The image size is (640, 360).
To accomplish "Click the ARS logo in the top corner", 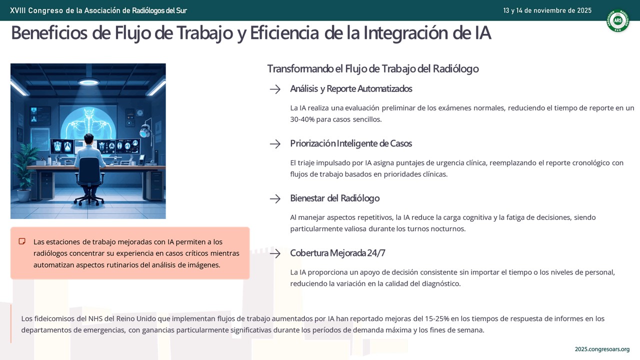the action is [x=617, y=20].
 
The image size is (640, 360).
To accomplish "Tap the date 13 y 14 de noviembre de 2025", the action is [x=547, y=10].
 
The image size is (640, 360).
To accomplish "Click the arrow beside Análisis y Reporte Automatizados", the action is [x=275, y=89].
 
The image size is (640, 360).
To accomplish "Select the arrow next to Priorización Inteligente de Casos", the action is [x=275, y=144].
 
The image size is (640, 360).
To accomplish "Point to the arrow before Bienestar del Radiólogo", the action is [x=275, y=199].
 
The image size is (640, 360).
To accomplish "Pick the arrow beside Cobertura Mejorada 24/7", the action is [x=275, y=253].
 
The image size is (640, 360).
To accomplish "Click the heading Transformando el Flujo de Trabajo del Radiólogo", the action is [x=373, y=69].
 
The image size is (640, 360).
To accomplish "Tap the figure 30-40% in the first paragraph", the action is [x=302, y=119].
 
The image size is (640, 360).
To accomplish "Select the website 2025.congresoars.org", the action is [x=602, y=349].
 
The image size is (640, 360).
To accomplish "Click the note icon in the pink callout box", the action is [x=22, y=241].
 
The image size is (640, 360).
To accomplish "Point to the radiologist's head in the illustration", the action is [x=89, y=139].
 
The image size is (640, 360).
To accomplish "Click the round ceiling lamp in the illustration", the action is [x=88, y=82].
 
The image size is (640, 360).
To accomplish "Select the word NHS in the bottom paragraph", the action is [x=95, y=318].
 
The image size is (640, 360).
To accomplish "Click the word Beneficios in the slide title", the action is [x=49, y=33].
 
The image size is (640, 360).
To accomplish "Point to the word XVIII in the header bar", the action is [x=18, y=10].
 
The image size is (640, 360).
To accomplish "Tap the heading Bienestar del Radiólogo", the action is [x=335, y=198].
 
